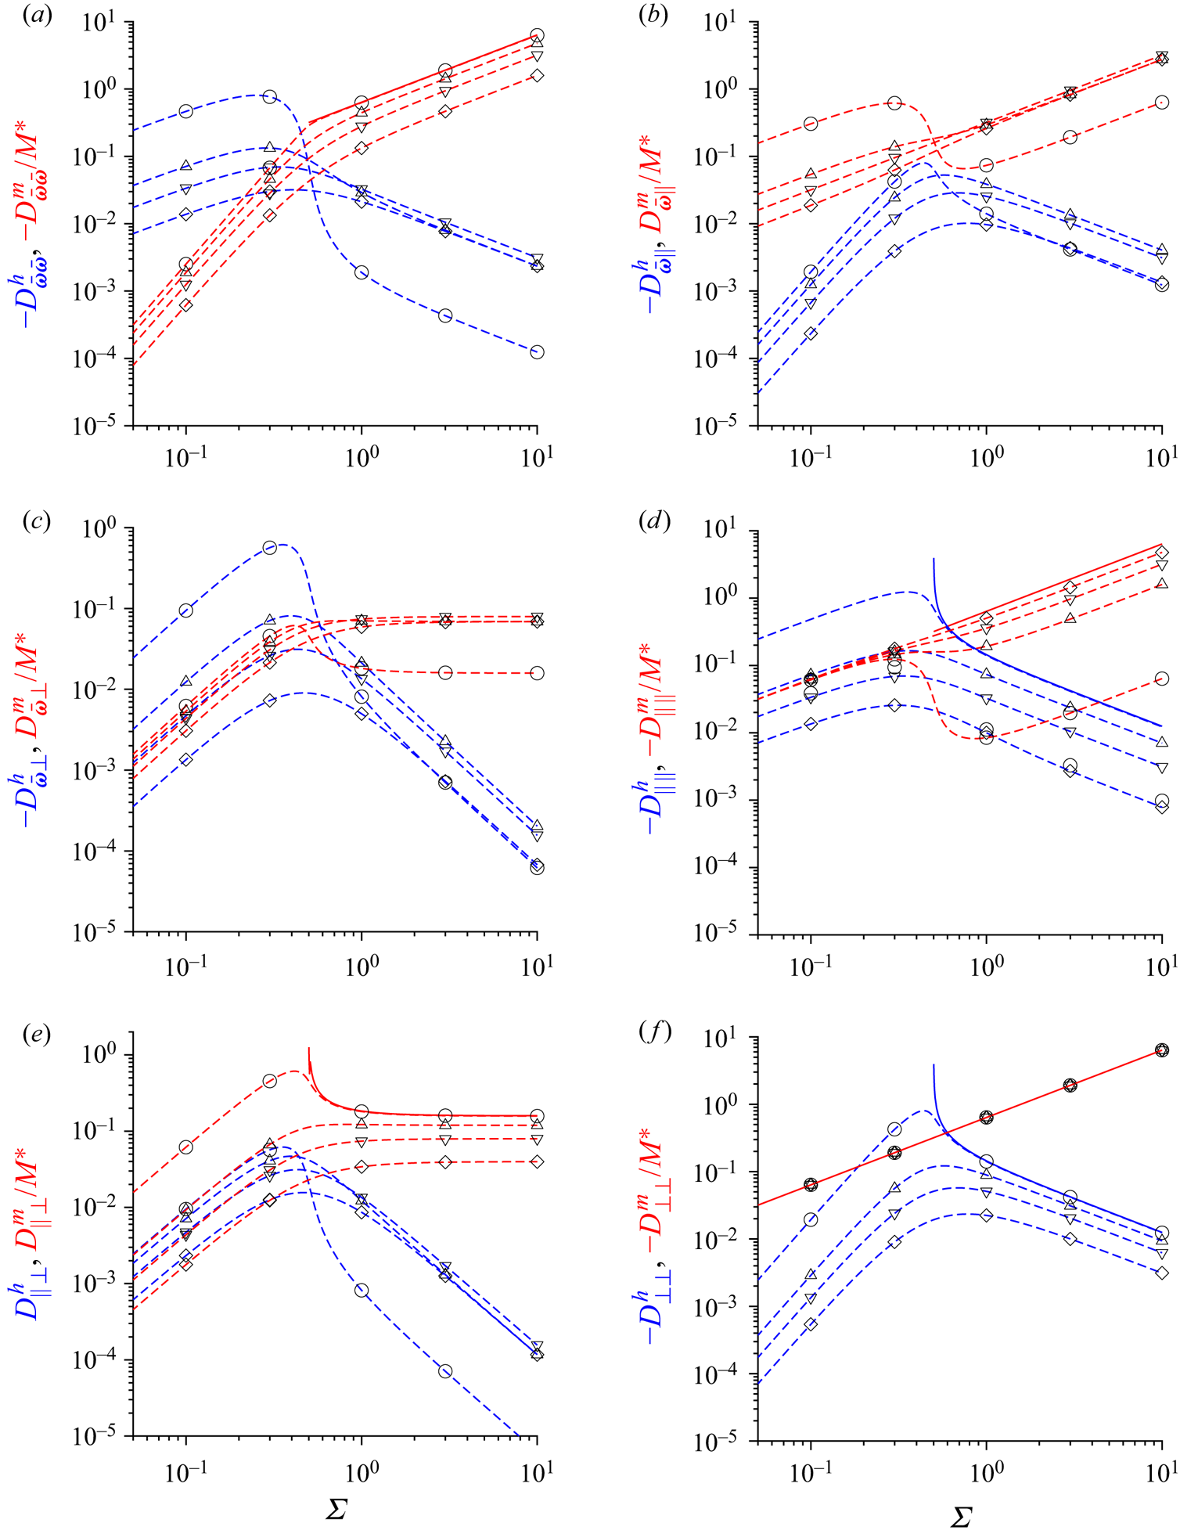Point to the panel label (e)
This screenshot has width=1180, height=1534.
[37, 1035]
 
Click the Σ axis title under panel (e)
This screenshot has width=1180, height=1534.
[336, 1510]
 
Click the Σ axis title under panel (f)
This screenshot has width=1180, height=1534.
[961, 1518]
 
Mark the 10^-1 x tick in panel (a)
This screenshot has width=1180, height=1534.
[185, 458]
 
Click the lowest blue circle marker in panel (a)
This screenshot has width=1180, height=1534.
[537, 352]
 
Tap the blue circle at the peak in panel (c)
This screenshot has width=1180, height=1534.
[270, 548]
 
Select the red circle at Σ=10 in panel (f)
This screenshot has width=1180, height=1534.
[1162, 1050]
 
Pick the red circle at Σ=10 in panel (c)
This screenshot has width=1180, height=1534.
[537, 673]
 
